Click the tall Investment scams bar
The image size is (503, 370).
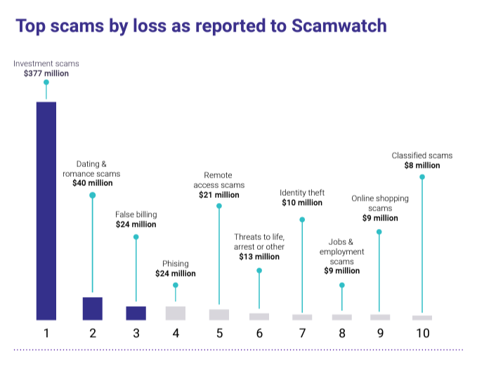46,211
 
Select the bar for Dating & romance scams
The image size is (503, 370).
92,308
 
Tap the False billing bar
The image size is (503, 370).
136,313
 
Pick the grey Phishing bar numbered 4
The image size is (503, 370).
176,313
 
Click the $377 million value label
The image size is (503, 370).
46,73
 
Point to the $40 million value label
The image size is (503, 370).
92,183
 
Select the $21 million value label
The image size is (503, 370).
218,194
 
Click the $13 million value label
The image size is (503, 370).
259,256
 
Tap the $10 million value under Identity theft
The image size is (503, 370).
301,202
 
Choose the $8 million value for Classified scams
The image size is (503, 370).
422,165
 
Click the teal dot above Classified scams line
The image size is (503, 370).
422,177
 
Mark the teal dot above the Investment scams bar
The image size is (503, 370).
46,83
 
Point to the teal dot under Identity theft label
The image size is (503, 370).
301,220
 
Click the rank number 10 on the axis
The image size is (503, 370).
422,333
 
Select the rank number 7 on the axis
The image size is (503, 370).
302,333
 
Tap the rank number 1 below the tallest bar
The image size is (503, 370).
46,333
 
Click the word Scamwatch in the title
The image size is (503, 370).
327,27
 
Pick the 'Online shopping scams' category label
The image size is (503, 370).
380,203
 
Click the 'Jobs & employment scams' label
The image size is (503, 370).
342,251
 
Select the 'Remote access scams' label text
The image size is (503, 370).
218,180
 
